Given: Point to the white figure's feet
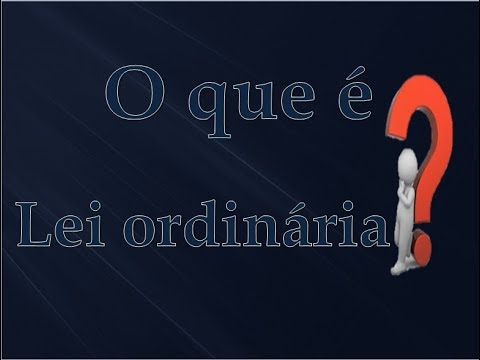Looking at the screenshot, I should tap(399, 267).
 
